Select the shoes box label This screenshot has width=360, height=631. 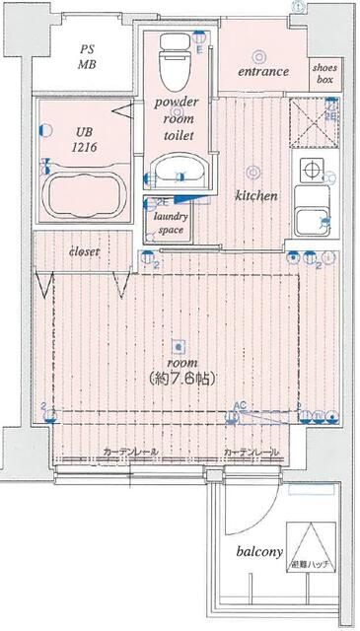tap(326, 72)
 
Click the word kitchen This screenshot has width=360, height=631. tap(254, 196)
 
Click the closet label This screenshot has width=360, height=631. tap(84, 252)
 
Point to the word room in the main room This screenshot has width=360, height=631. tap(178, 362)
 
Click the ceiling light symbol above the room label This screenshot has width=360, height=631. tap(178, 345)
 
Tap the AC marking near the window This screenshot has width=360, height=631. tap(240, 404)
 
